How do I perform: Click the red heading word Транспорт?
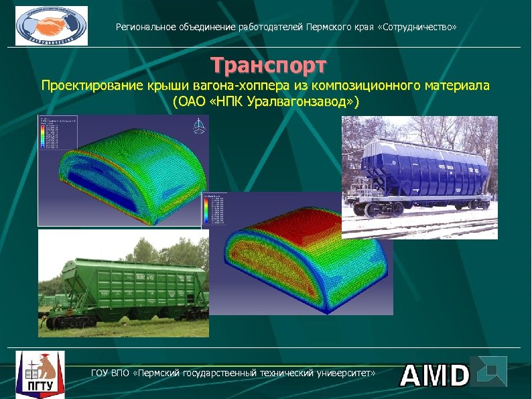tap(268, 66)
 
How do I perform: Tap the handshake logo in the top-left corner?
tap(52, 26)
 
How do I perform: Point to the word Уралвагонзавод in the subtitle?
tap(300, 102)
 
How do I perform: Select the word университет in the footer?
tap(344, 372)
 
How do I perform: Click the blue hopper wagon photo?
tap(419, 177)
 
